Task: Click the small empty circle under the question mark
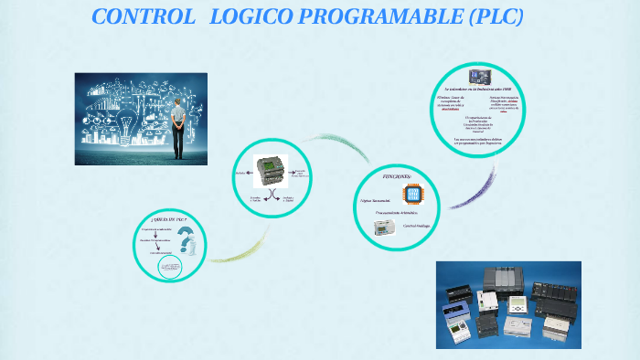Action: pyautogui.click(x=171, y=268)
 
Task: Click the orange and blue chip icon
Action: pyautogui.click(x=410, y=193)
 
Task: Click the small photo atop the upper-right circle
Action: pyautogui.click(x=479, y=77)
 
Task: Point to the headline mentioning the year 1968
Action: pyautogui.click(x=477, y=90)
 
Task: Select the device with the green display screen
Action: pyautogui.click(x=518, y=307)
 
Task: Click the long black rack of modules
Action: pyautogui.click(x=553, y=297)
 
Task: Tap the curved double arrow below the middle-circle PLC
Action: pyautogui.click(x=268, y=196)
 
